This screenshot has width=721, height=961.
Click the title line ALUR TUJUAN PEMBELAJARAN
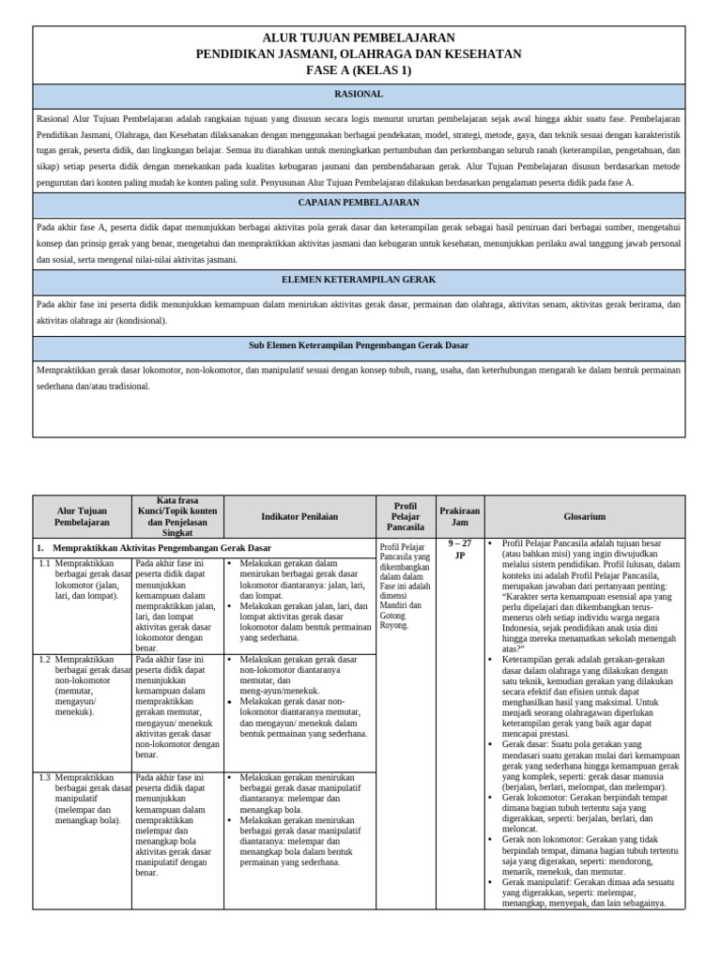pyautogui.click(x=359, y=38)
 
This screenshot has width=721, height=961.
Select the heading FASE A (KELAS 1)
pyautogui.click(x=359, y=70)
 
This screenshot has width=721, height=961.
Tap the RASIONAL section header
pyautogui.click(x=359, y=95)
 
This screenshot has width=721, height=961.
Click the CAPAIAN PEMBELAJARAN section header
pyautogui.click(x=359, y=203)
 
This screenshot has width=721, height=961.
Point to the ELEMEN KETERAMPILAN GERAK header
pyautogui.click(x=359, y=280)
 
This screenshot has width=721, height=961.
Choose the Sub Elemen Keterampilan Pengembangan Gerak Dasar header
pyautogui.click(x=359, y=345)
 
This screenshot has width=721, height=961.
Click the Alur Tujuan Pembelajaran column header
pyautogui.click(x=82, y=515)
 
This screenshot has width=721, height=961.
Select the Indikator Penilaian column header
pyautogui.click(x=299, y=516)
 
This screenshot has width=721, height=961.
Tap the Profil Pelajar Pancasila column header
pyautogui.click(x=406, y=516)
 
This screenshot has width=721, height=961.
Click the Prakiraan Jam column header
pyautogui.click(x=459, y=516)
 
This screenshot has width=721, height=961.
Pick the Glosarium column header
pyautogui.click(x=584, y=516)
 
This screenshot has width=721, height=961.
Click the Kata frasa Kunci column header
pyautogui.click(x=177, y=516)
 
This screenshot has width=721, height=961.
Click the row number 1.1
pyautogui.click(x=44, y=563)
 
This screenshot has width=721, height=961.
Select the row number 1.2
pyautogui.click(x=44, y=661)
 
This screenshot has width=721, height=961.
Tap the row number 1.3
pyautogui.click(x=44, y=777)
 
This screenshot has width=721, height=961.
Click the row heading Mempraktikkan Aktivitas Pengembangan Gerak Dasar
pyautogui.click(x=161, y=547)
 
